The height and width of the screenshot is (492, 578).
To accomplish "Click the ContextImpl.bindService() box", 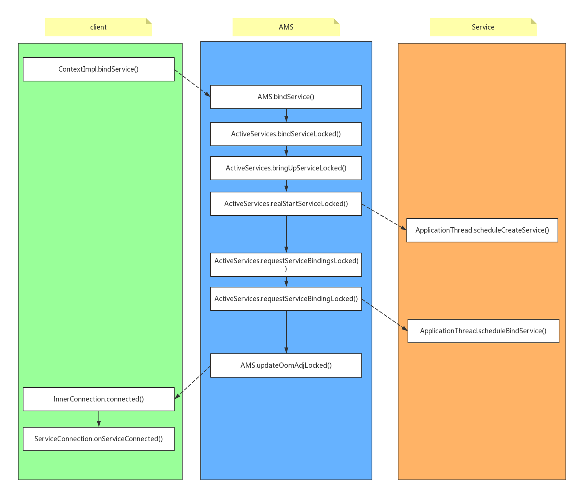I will pyautogui.click(x=98, y=69).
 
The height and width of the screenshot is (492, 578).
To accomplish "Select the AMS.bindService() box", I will pyautogui.click(x=286, y=97).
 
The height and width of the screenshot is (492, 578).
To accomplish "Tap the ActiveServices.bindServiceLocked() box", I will pyautogui.click(x=286, y=134).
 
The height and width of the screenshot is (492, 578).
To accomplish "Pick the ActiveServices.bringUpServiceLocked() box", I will pyautogui.click(x=286, y=168).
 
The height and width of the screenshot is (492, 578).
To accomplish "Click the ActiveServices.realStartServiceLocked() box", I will pyautogui.click(x=286, y=204).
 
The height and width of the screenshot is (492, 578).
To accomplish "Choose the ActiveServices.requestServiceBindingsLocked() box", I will pyautogui.click(x=286, y=265).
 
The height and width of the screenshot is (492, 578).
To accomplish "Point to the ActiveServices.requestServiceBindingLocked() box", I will pyautogui.click(x=286, y=299).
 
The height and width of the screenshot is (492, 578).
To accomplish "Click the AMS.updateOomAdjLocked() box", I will pyautogui.click(x=286, y=365).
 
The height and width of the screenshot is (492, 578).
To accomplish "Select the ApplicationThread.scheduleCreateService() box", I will pyautogui.click(x=482, y=230).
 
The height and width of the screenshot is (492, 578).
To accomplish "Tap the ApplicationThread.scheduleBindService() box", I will pyautogui.click(x=483, y=331).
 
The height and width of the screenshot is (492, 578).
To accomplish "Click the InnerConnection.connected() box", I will pyautogui.click(x=98, y=399).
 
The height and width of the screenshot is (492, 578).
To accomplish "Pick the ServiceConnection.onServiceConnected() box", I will pyautogui.click(x=98, y=439).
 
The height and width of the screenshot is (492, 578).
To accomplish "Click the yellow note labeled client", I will pyautogui.click(x=98, y=27).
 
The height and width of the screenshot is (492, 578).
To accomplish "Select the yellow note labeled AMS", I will pyautogui.click(x=286, y=27).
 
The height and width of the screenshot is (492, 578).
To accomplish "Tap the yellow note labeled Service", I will pyautogui.click(x=483, y=27).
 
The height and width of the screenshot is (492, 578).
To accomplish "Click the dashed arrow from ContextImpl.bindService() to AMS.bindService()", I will pyautogui.click(x=192, y=83).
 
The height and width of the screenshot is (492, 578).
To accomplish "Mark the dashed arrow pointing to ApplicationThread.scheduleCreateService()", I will pyautogui.click(x=384, y=217).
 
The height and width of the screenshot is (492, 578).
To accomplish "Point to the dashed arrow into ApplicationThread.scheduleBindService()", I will pyautogui.click(x=385, y=315).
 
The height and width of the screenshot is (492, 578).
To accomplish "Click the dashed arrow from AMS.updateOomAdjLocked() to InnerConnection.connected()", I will pyautogui.click(x=192, y=382).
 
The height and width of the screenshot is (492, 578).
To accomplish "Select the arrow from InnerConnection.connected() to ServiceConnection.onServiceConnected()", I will pyautogui.click(x=98, y=419).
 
